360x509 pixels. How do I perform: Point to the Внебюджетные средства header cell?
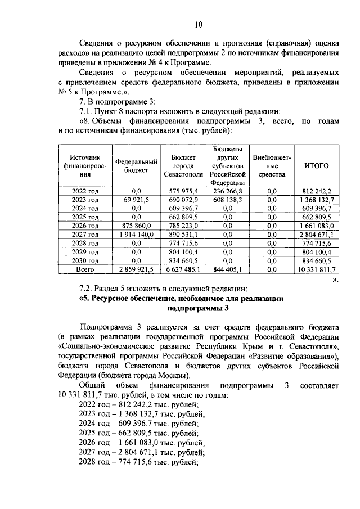[x=272, y=166]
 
